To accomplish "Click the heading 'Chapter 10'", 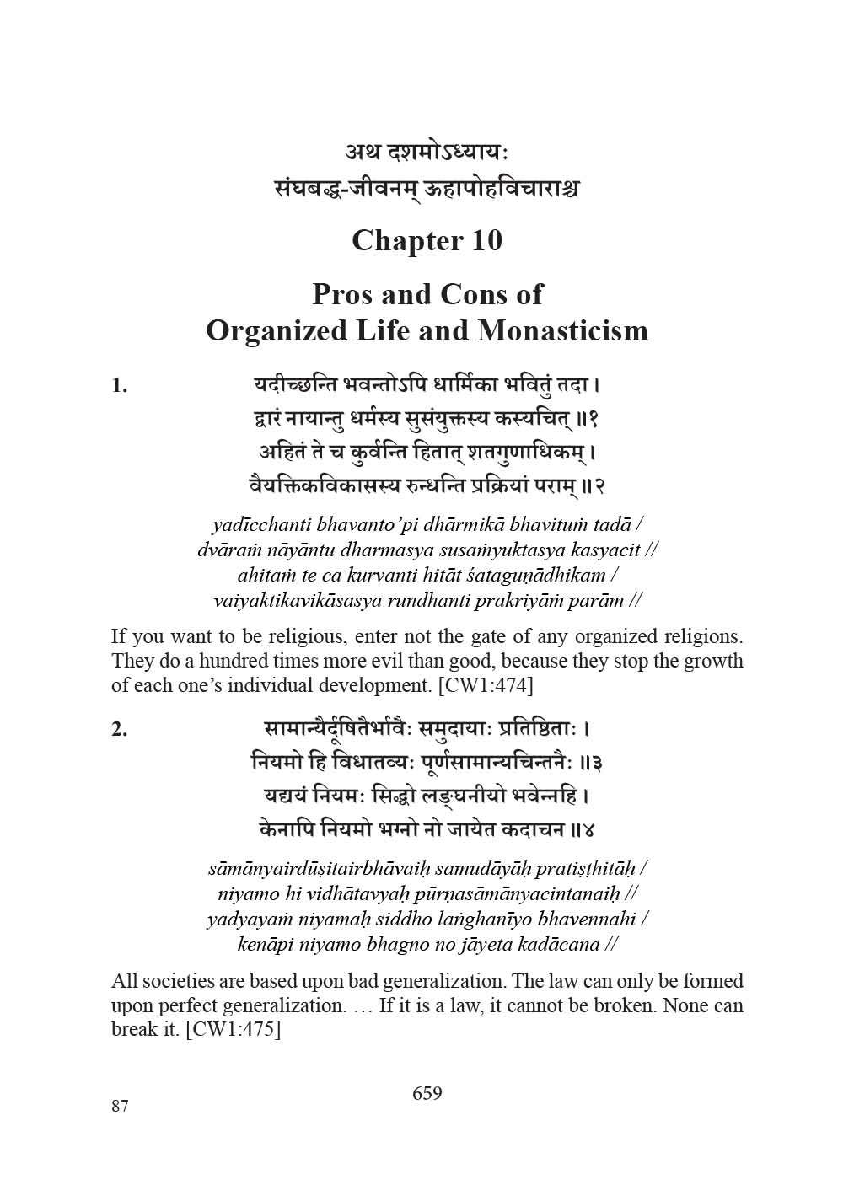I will click(427, 241).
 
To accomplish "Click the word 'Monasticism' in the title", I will click(562, 330).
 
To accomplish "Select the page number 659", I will click(427, 1093).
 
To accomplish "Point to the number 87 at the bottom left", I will click(120, 1106).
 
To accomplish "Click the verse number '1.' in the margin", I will click(120, 387).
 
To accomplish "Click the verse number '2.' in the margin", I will click(120, 730).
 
